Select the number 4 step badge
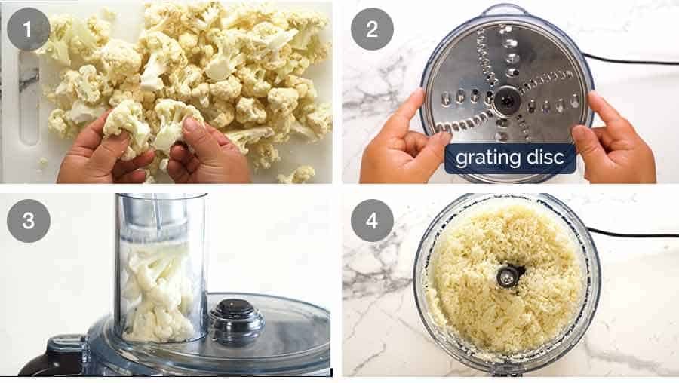[x=372, y=221]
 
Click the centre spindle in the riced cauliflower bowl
[x=509, y=276]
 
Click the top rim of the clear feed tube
[x=160, y=198]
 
